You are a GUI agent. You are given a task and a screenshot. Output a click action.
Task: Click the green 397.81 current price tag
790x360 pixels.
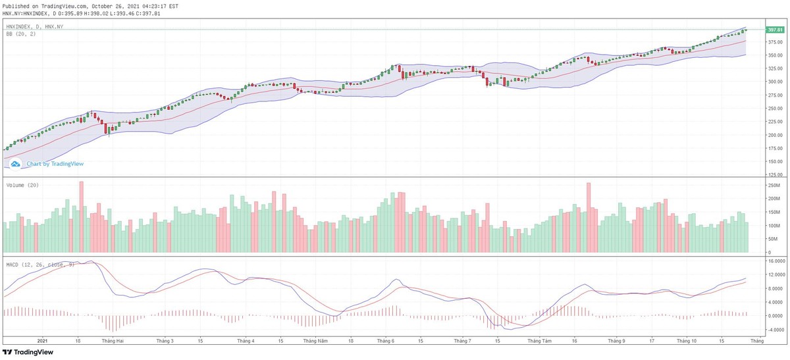click(x=775, y=30)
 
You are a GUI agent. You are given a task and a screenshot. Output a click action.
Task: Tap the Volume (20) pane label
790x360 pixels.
click(x=22, y=186)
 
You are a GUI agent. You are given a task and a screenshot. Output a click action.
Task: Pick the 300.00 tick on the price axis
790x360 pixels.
click(x=774, y=82)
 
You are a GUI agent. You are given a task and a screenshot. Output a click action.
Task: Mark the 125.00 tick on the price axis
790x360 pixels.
click(x=774, y=175)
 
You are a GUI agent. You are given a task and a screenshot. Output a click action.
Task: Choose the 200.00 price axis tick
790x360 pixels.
click(x=774, y=135)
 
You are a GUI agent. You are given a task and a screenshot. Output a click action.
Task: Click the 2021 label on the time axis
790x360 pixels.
click(x=43, y=341)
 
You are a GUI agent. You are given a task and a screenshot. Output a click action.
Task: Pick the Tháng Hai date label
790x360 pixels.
click(x=113, y=341)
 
